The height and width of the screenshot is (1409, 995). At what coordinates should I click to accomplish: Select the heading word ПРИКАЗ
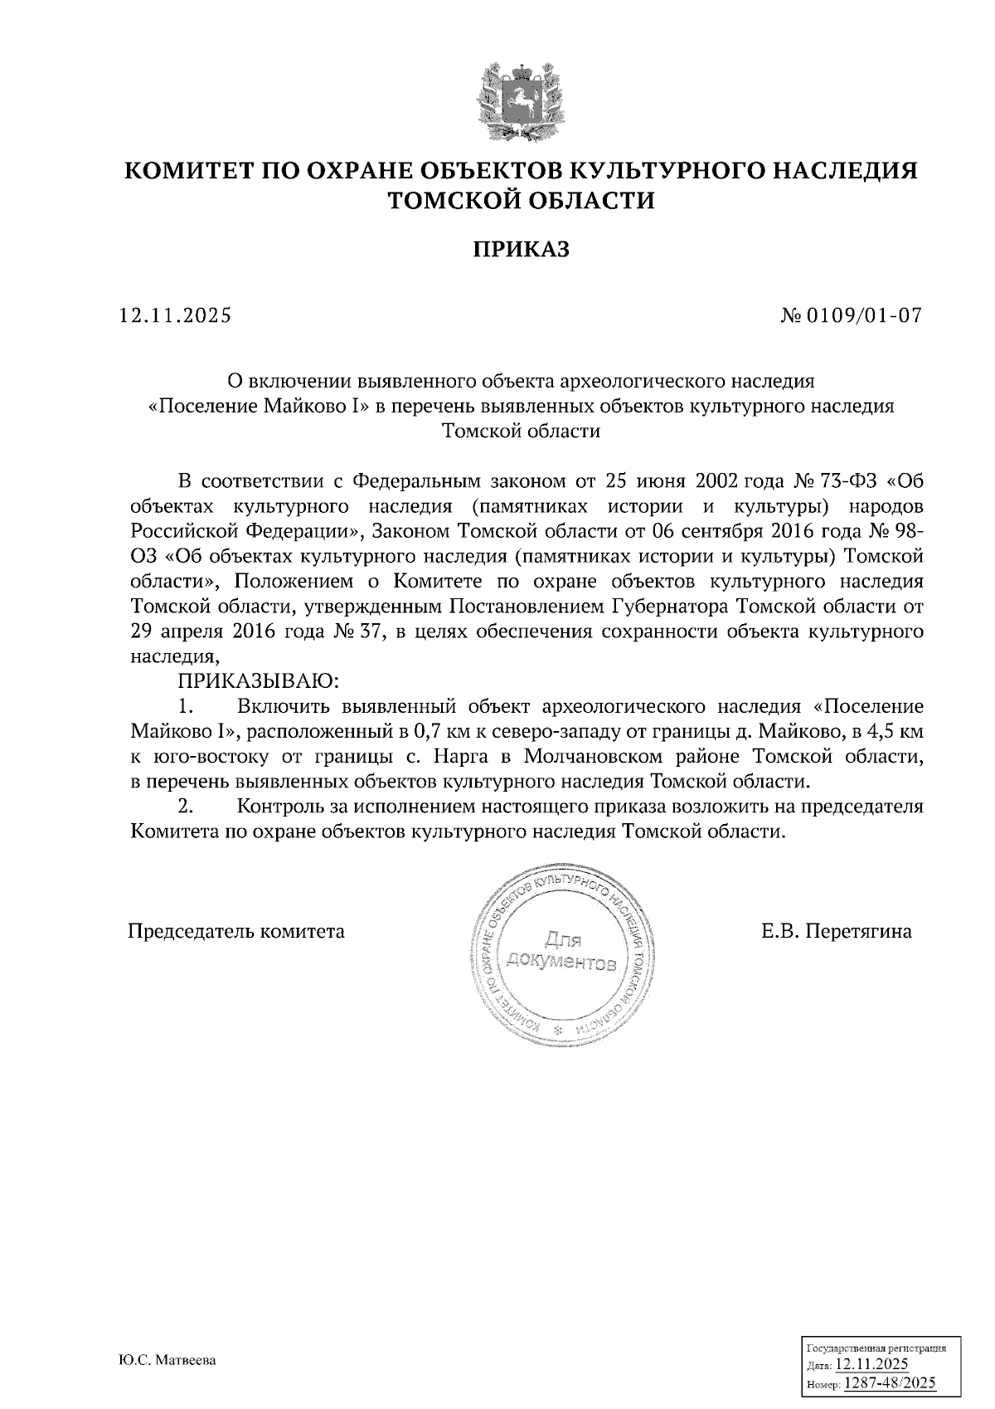pyautogui.click(x=522, y=250)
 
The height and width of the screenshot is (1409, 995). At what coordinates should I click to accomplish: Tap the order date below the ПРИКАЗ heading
pyautogui.click(x=176, y=315)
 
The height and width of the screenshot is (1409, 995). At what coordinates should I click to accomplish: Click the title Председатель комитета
pyautogui.click(x=236, y=931)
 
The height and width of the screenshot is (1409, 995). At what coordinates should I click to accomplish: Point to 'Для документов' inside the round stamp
pyautogui.click(x=563, y=952)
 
